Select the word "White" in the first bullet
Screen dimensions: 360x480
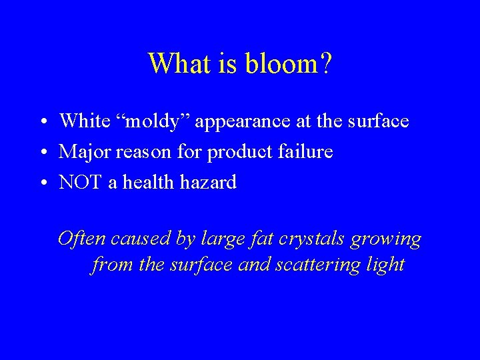(x=84, y=121)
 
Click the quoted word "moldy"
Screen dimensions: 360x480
(x=150, y=121)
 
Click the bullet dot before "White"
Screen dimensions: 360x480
(x=41, y=122)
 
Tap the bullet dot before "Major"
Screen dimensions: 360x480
(x=41, y=153)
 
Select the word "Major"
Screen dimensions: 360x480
(x=84, y=153)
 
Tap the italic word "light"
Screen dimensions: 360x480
(x=386, y=265)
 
